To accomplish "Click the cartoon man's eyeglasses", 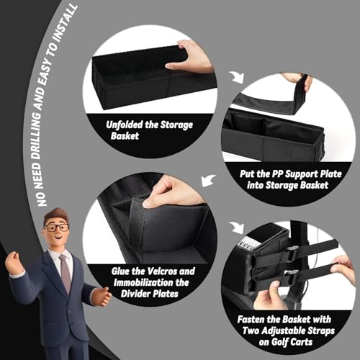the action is click(56, 228).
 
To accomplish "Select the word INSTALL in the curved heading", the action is click(66, 22).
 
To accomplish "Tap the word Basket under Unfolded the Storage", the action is click(125, 136).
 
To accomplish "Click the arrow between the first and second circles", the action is click(236, 77).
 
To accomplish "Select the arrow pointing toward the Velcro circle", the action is click(208, 180).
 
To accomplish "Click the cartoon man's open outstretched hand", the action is click(102, 296).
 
